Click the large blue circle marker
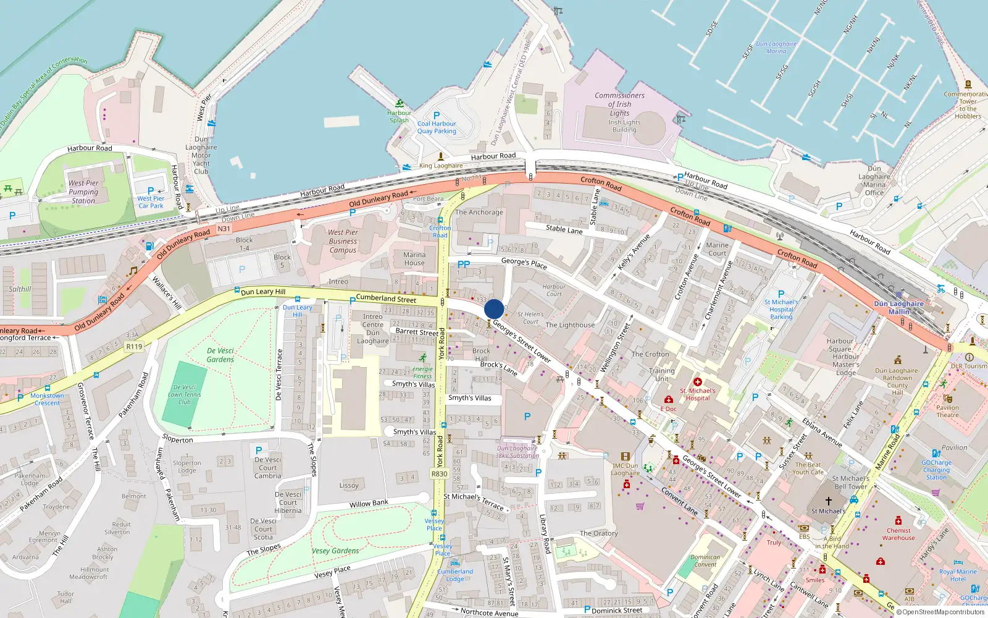coord(494,309)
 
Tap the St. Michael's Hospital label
coord(698,394)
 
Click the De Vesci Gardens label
coord(220,355)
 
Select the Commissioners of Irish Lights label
coord(619,104)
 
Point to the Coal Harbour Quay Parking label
coord(437,127)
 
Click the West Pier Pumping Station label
coord(83,192)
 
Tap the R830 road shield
coord(439,474)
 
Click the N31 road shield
coord(224,229)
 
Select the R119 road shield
coord(134,347)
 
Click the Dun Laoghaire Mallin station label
coord(898,308)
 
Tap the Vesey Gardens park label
coord(335,551)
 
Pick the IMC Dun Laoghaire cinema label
coord(625,469)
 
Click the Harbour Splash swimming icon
coord(400,103)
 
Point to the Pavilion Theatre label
coord(947,411)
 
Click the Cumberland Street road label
coord(386,298)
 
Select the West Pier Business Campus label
coord(343,241)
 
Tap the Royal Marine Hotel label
coord(958,575)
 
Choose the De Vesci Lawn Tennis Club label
coord(184,394)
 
